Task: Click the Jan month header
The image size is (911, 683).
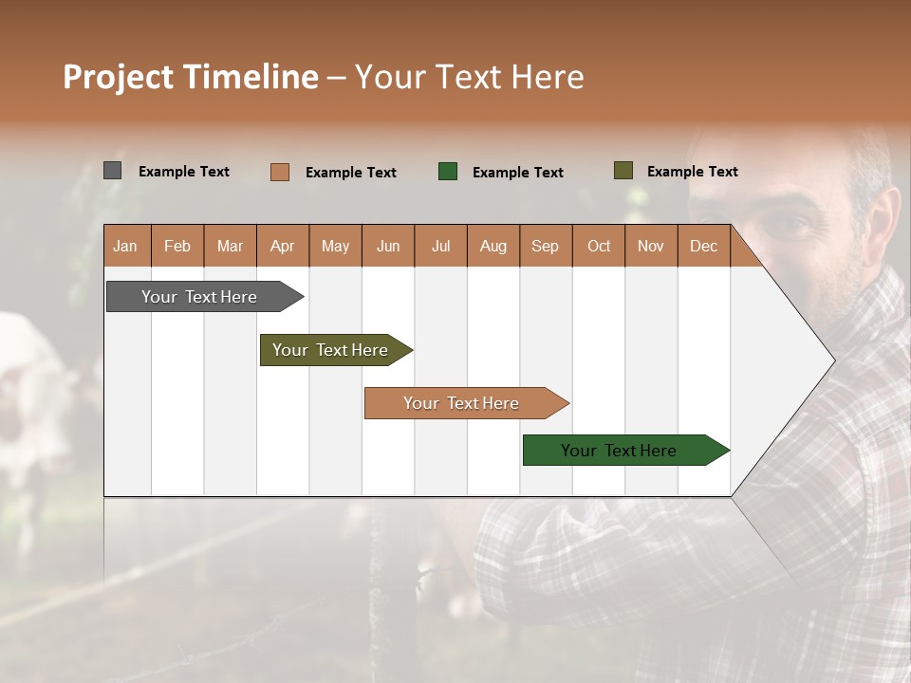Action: point(125,247)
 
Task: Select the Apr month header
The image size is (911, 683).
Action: point(283,247)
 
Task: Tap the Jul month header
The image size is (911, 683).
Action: point(440,247)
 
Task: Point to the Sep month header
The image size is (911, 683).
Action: point(545,247)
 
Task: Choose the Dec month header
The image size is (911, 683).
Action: point(703,247)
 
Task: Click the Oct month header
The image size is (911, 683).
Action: point(598,247)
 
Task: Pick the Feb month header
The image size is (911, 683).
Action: point(177,247)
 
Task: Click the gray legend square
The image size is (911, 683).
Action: point(112,171)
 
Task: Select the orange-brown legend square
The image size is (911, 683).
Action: point(279,172)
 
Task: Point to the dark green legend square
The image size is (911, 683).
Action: point(448,171)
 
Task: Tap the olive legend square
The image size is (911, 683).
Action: point(623,171)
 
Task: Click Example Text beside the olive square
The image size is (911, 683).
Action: point(692,172)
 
